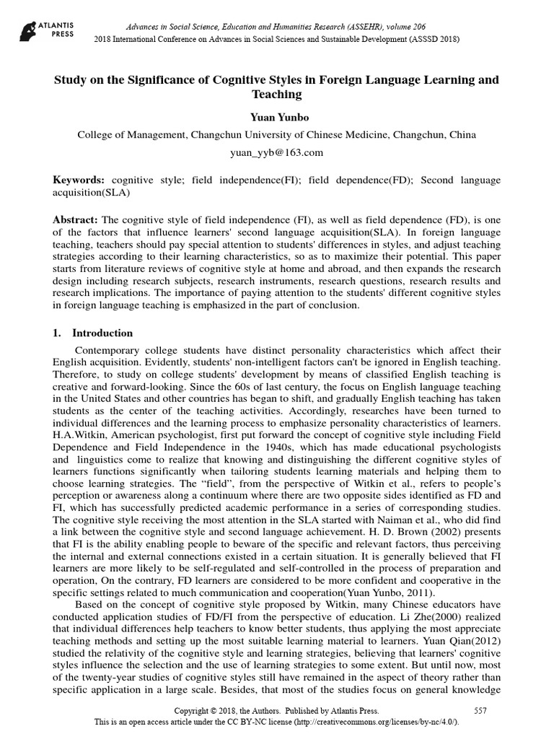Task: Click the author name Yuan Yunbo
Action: click(x=276, y=116)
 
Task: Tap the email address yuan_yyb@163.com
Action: click(x=276, y=152)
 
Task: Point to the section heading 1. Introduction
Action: click(x=93, y=333)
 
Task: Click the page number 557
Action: click(x=480, y=711)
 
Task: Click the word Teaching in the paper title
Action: click(x=276, y=94)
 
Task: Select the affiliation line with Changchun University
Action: click(x=276, y=134)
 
